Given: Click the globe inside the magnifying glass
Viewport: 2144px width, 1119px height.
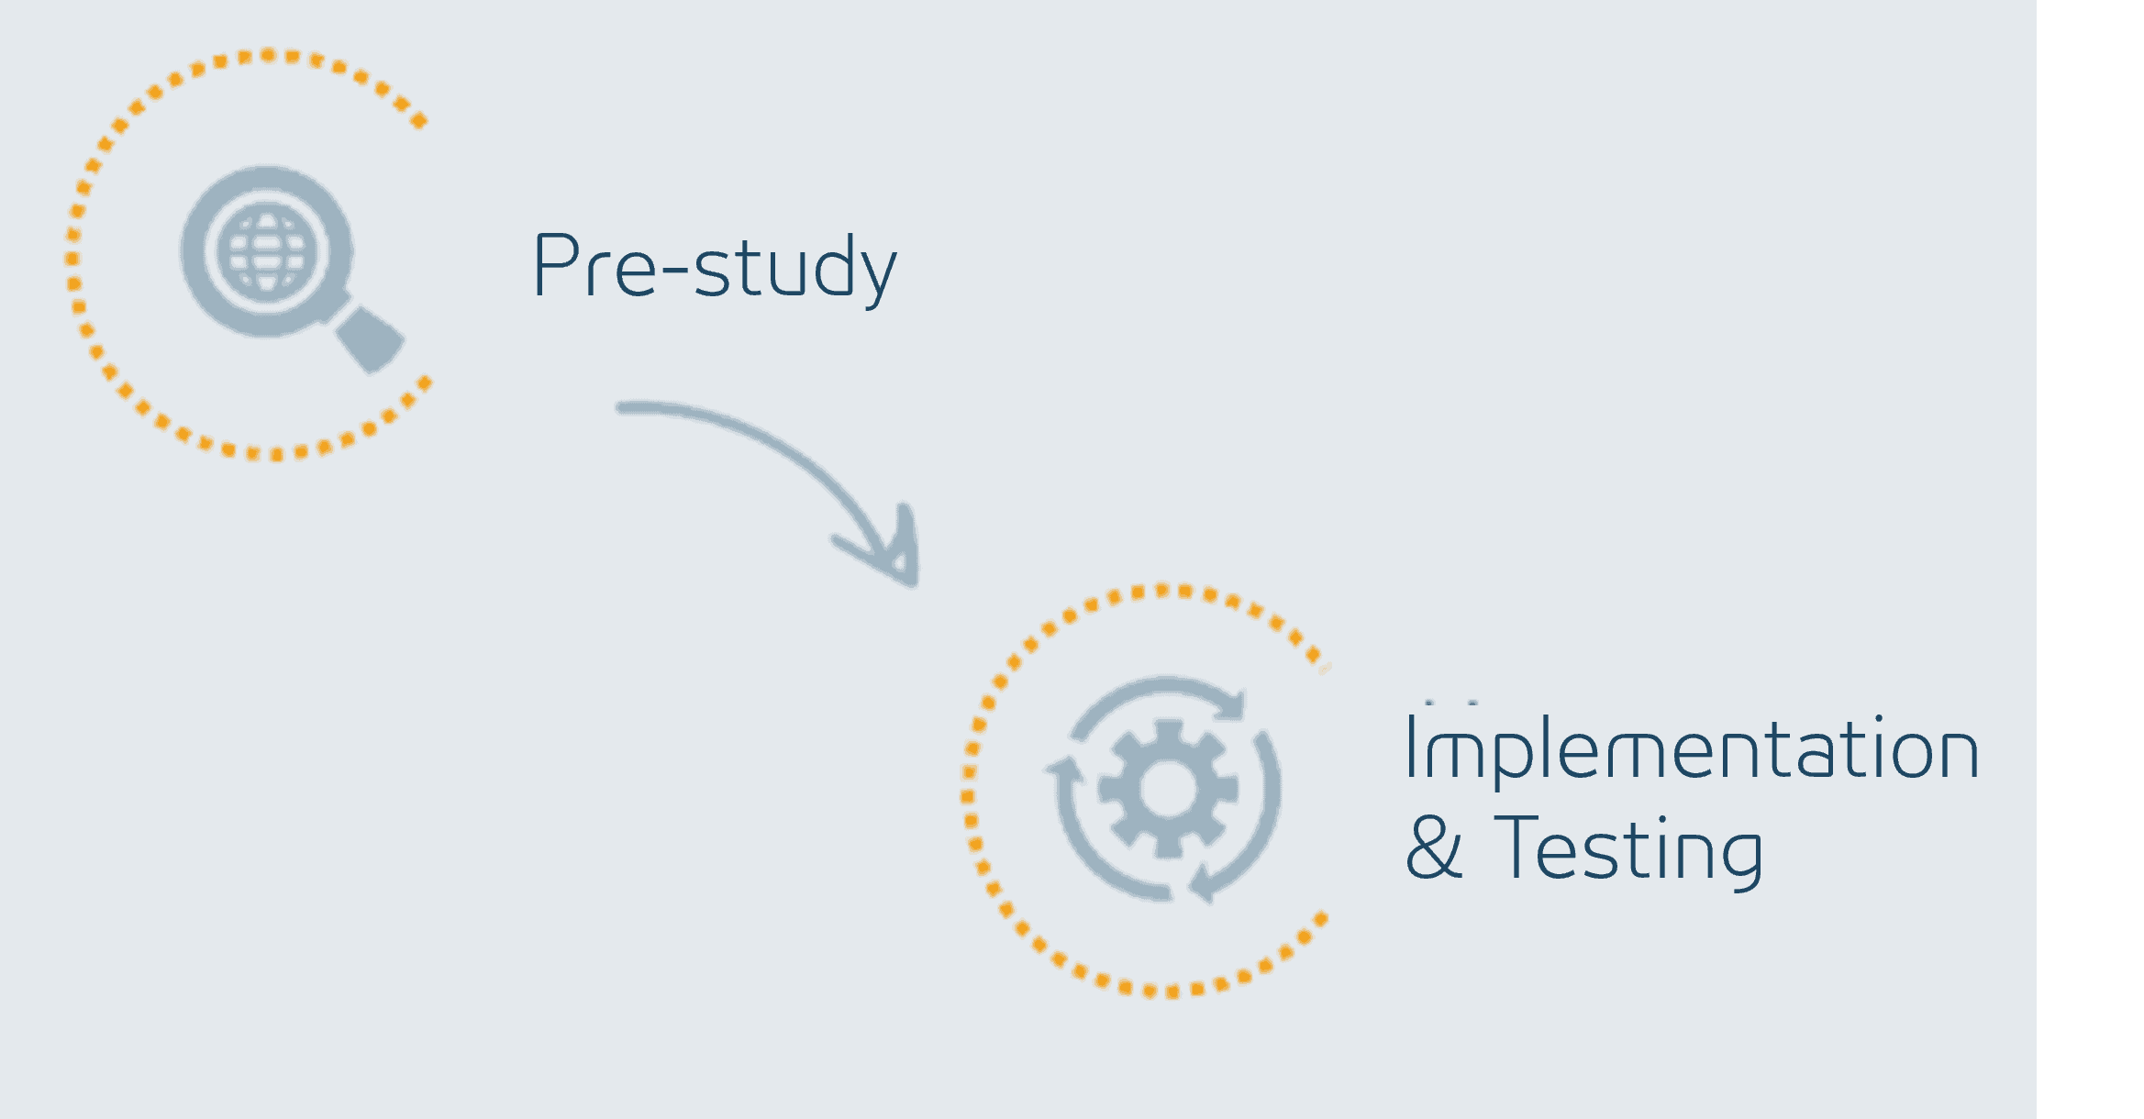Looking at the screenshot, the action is tap(267, 251).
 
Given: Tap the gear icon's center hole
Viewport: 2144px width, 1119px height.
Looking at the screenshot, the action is tap(1168, 789).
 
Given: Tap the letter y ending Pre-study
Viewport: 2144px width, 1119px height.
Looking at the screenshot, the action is tap(877, 276).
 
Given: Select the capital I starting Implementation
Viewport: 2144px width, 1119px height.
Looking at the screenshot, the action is tap(1410, 747).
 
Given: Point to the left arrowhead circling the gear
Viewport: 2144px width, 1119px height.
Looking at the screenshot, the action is tap(1064, 770).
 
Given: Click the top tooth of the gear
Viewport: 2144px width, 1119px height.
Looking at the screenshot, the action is tap(1168, 733).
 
